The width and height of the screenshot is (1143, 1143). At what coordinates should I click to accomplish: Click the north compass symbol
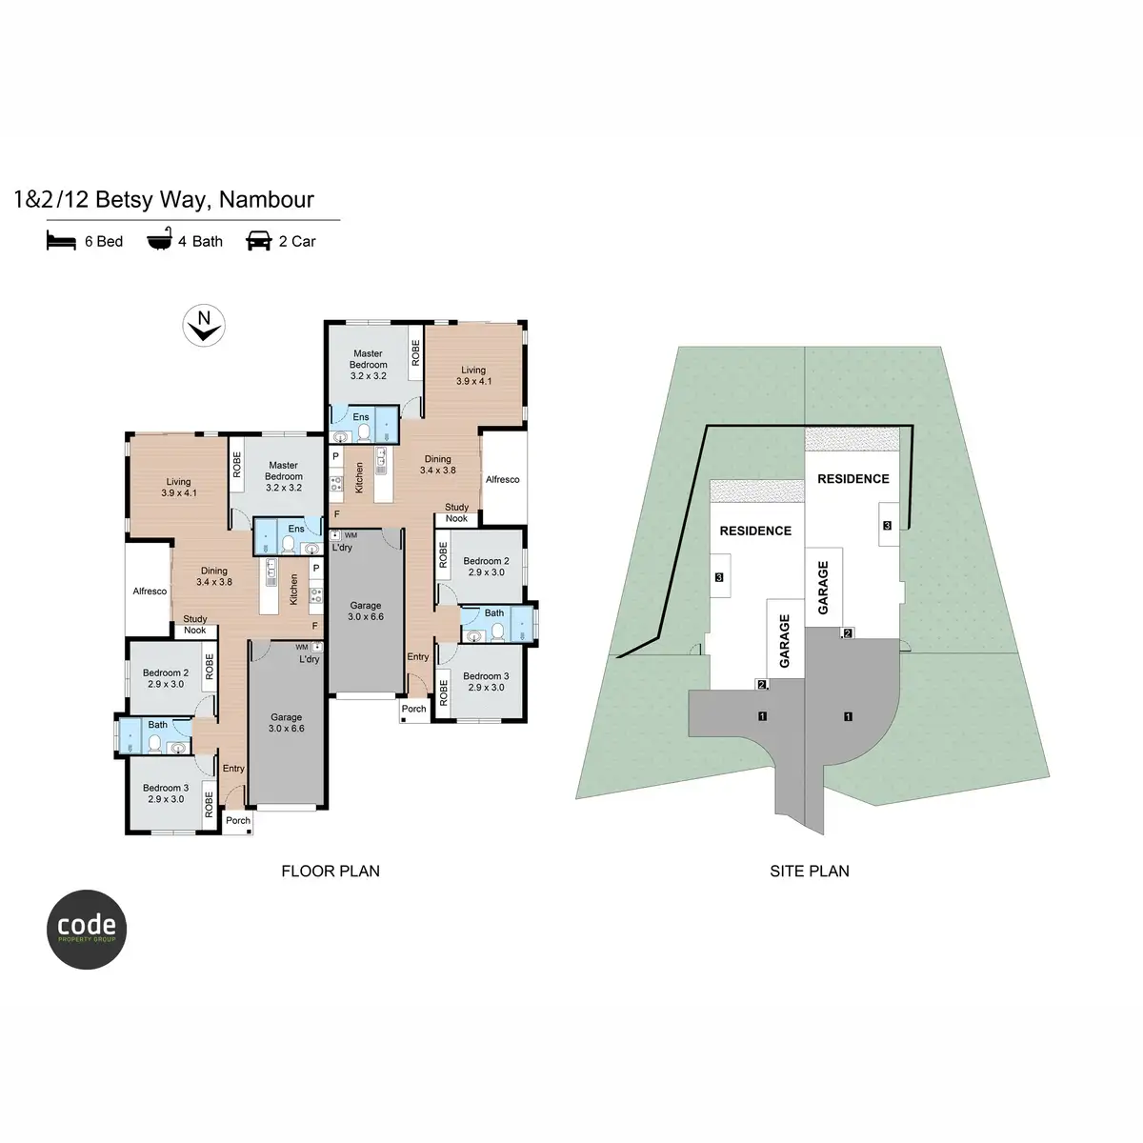click(x=204, y=326)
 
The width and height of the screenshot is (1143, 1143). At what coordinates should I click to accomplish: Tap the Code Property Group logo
click(x=87, y=930)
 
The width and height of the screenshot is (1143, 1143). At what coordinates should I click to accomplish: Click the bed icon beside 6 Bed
click(x=61, y=241)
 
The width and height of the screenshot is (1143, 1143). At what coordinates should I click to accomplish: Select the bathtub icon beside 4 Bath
click(x=159, y=240)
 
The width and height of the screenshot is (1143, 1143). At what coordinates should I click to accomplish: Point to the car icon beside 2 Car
click(x=259, y=241)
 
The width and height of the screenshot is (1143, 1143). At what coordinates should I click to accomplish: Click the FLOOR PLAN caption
click(x=331, y=871)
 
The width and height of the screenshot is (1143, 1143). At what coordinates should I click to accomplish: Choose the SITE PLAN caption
click(x=809, y=871)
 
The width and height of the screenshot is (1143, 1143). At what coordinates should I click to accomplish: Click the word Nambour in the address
click(x=267, y=199)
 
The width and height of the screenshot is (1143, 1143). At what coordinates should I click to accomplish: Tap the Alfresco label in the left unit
click(x=150, y=592)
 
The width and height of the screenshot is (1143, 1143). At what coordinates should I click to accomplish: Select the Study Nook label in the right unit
click(x=456, y=512)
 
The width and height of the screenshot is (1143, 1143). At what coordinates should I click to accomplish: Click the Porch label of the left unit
click(x=238, y=820)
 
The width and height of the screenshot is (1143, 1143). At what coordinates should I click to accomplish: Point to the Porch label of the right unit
click(x=413, y=709)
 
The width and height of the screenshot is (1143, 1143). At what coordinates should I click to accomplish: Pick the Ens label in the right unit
click(x=361, y=417)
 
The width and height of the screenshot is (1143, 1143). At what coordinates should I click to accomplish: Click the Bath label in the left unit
click(x=157, y=724)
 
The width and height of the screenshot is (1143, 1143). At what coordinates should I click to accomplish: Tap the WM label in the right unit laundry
click(x=351, y=535)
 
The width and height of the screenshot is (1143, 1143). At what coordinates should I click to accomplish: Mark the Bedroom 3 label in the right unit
click(x=486, y=682)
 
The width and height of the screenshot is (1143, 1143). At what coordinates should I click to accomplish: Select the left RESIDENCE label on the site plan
click(x=755, y=531)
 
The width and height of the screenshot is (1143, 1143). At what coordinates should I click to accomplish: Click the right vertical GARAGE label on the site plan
click(x=823, y=588)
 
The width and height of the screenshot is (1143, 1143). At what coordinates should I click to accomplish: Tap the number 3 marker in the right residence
click(x=887, y=525)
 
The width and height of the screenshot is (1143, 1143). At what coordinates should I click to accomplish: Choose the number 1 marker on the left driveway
click(x=762, y=716)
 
